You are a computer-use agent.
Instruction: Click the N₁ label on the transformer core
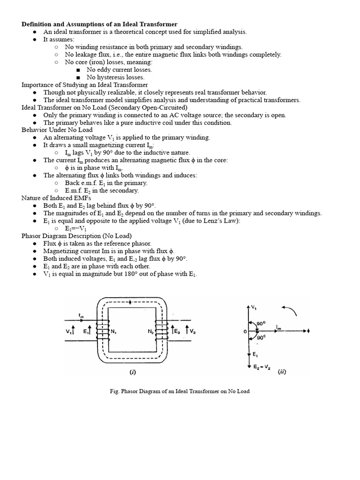(114, 331)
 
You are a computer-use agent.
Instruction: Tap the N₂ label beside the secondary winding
(151, 331)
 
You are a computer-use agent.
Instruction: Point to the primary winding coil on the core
(102, 331)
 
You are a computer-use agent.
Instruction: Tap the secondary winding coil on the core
(161, 331)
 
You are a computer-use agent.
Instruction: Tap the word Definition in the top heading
(37, 24)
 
